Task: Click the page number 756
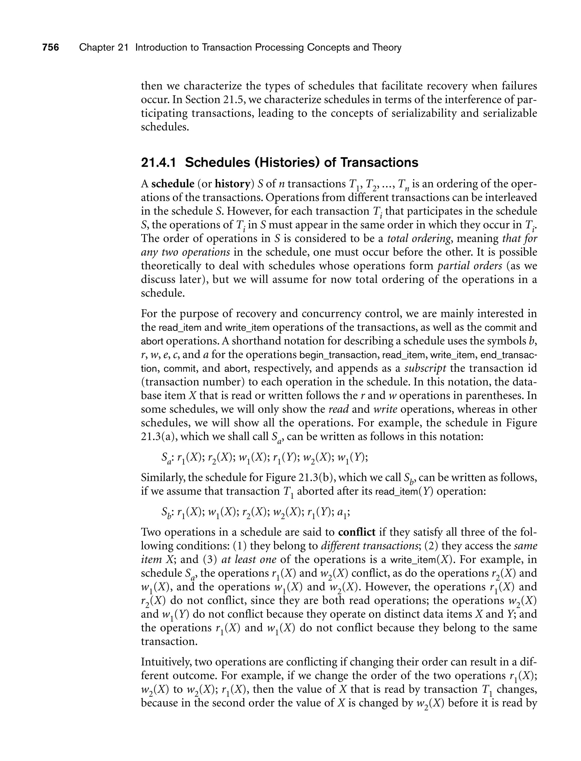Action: pos(50,47)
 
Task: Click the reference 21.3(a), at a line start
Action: pos(159,436)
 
